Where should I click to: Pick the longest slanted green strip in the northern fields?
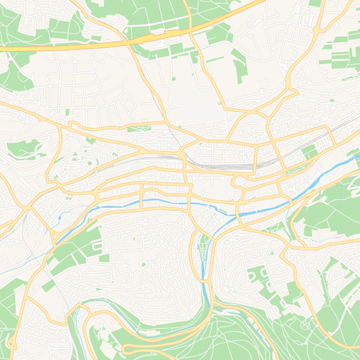[238, 64]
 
